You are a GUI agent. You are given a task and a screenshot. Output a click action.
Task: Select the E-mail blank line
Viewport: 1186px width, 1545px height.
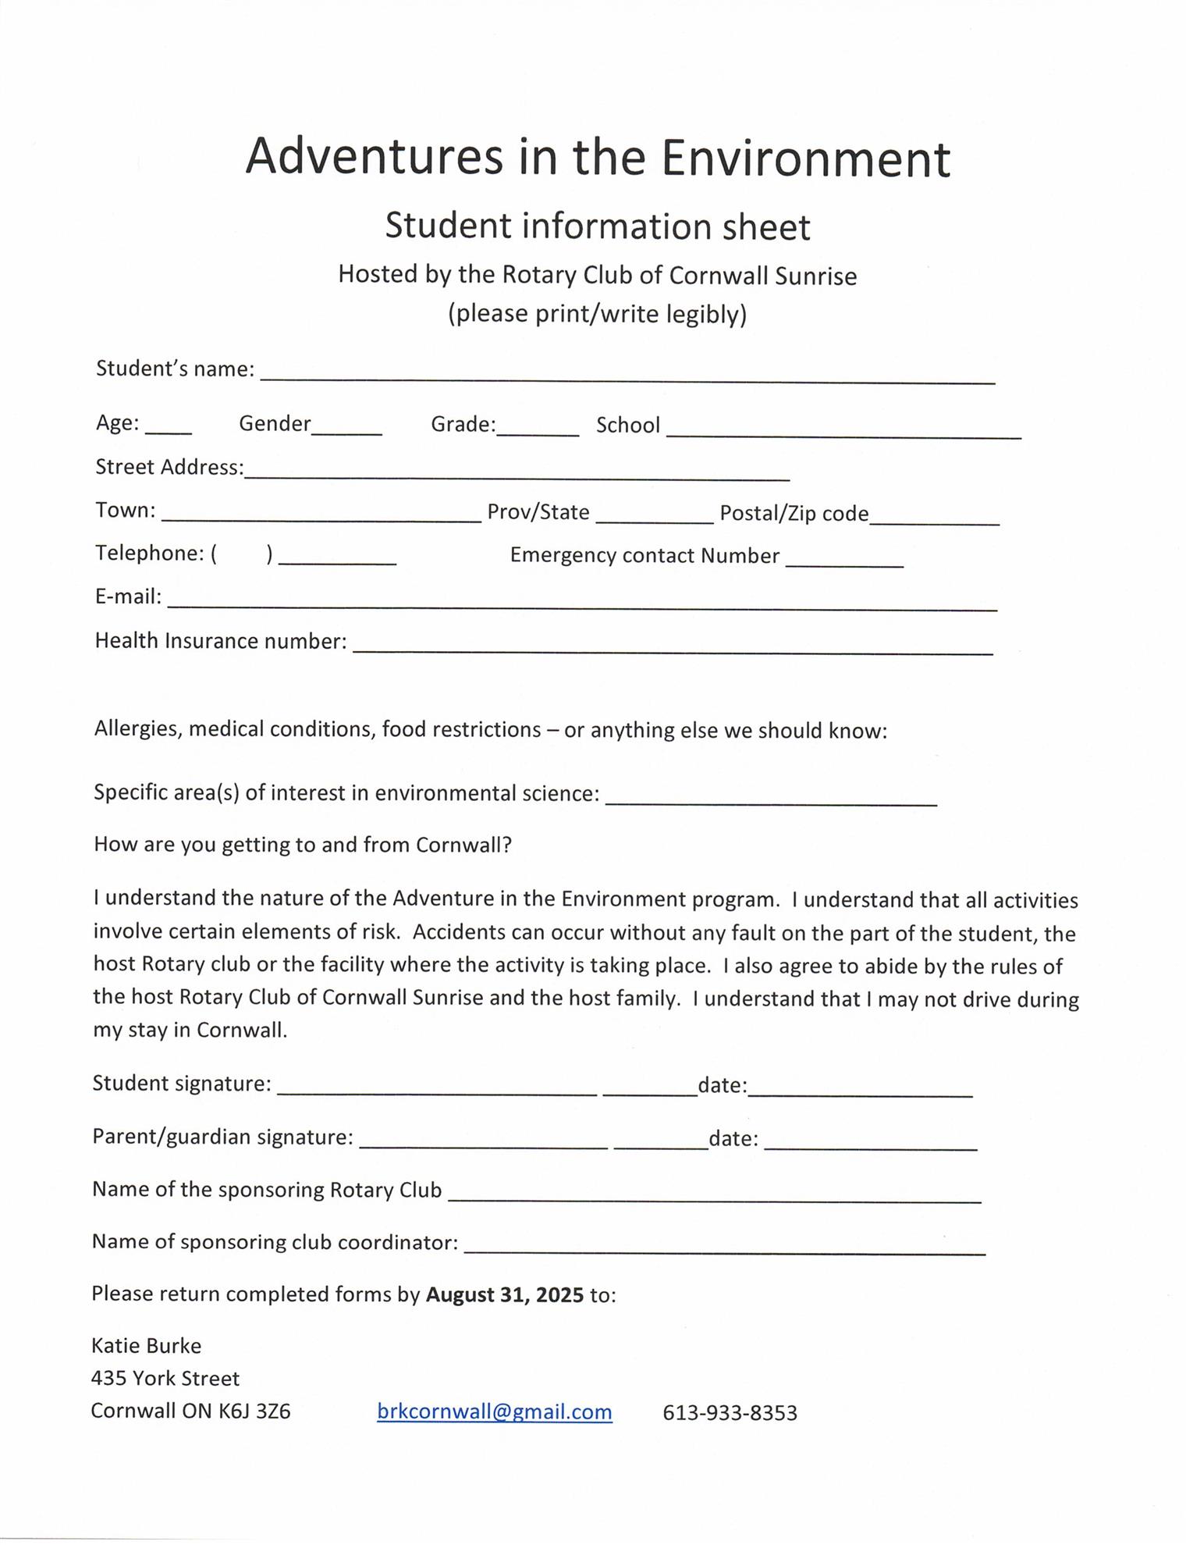(582, 602)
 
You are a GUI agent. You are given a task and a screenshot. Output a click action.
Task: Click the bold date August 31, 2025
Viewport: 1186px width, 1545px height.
(504, 1294)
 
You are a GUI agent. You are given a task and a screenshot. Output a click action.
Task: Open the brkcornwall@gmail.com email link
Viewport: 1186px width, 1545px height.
(494, 1412)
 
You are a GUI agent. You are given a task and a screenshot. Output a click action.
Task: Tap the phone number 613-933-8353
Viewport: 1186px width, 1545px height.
(730, 1413)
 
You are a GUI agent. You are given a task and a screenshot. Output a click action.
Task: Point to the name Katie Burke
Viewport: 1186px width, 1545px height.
(147, 1345)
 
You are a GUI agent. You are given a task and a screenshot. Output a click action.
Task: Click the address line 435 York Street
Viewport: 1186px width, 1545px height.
(165, 1378)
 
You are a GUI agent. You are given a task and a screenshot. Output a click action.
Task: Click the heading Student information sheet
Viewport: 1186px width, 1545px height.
(598, 226)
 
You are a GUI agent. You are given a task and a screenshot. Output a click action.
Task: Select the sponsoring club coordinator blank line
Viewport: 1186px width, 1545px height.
(725, 1247)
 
